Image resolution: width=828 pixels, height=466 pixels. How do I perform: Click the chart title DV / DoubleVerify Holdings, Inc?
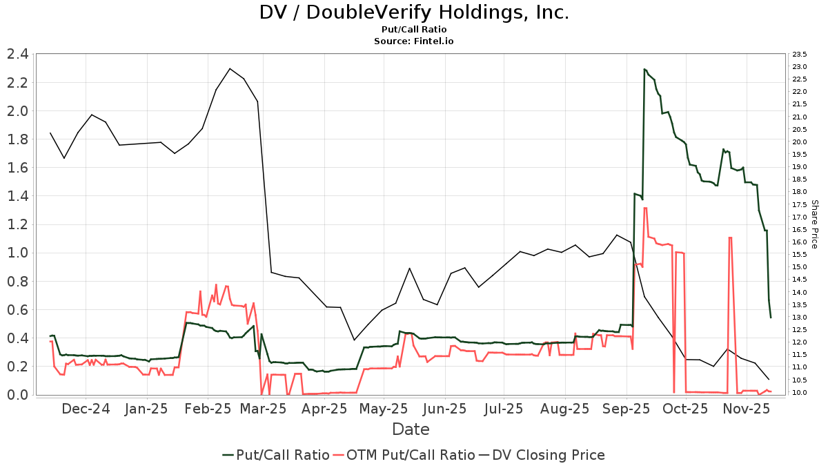click(414, 12)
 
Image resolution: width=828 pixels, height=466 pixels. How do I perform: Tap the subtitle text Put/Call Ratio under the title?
click(414, 30)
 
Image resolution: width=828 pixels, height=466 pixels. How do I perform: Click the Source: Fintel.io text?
click(414, 41)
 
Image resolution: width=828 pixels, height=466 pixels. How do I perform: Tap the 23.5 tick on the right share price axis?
click(800, 54)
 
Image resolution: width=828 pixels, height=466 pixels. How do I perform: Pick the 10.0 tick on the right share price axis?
click(800, 393)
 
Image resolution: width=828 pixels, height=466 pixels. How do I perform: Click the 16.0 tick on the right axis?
click(800, 242)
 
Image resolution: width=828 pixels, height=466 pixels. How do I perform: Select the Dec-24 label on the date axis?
click(86, 409)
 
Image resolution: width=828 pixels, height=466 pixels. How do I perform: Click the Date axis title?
click(411, 429)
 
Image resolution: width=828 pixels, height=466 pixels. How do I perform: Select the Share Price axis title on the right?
click(815, 224)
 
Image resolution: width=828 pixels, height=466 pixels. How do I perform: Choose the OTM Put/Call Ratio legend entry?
click(404, 455)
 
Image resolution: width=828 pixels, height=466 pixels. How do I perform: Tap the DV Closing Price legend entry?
click(542, 455)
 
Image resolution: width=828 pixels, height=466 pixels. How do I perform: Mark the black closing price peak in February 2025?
click(230, 68)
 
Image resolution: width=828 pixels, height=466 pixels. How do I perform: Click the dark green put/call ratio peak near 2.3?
click(644, 69)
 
